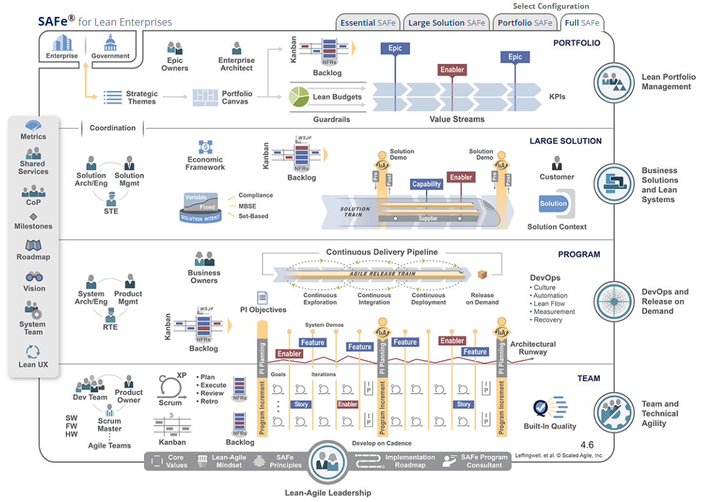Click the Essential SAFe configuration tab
(368, 23)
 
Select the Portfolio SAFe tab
(525, 23)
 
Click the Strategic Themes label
(142, 98)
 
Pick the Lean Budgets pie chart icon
(299, 96)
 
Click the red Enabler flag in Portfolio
(452, 70)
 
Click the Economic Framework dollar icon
(205, 147)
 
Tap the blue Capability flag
(427, 184)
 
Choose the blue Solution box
(553, 203)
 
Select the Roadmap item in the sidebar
(33, 250)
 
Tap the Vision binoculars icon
(34, 277)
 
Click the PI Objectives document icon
(262, 297)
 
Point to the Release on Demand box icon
(482, 275)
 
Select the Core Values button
(170, 461)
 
